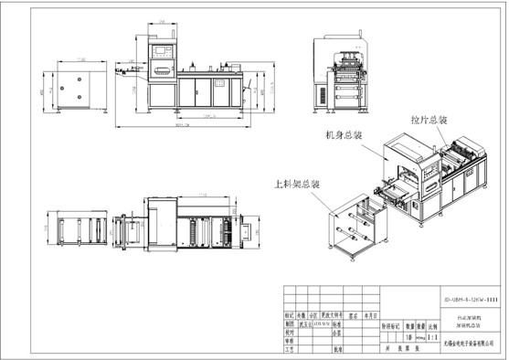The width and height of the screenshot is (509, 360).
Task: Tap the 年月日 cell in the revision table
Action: tap(367, 314)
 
